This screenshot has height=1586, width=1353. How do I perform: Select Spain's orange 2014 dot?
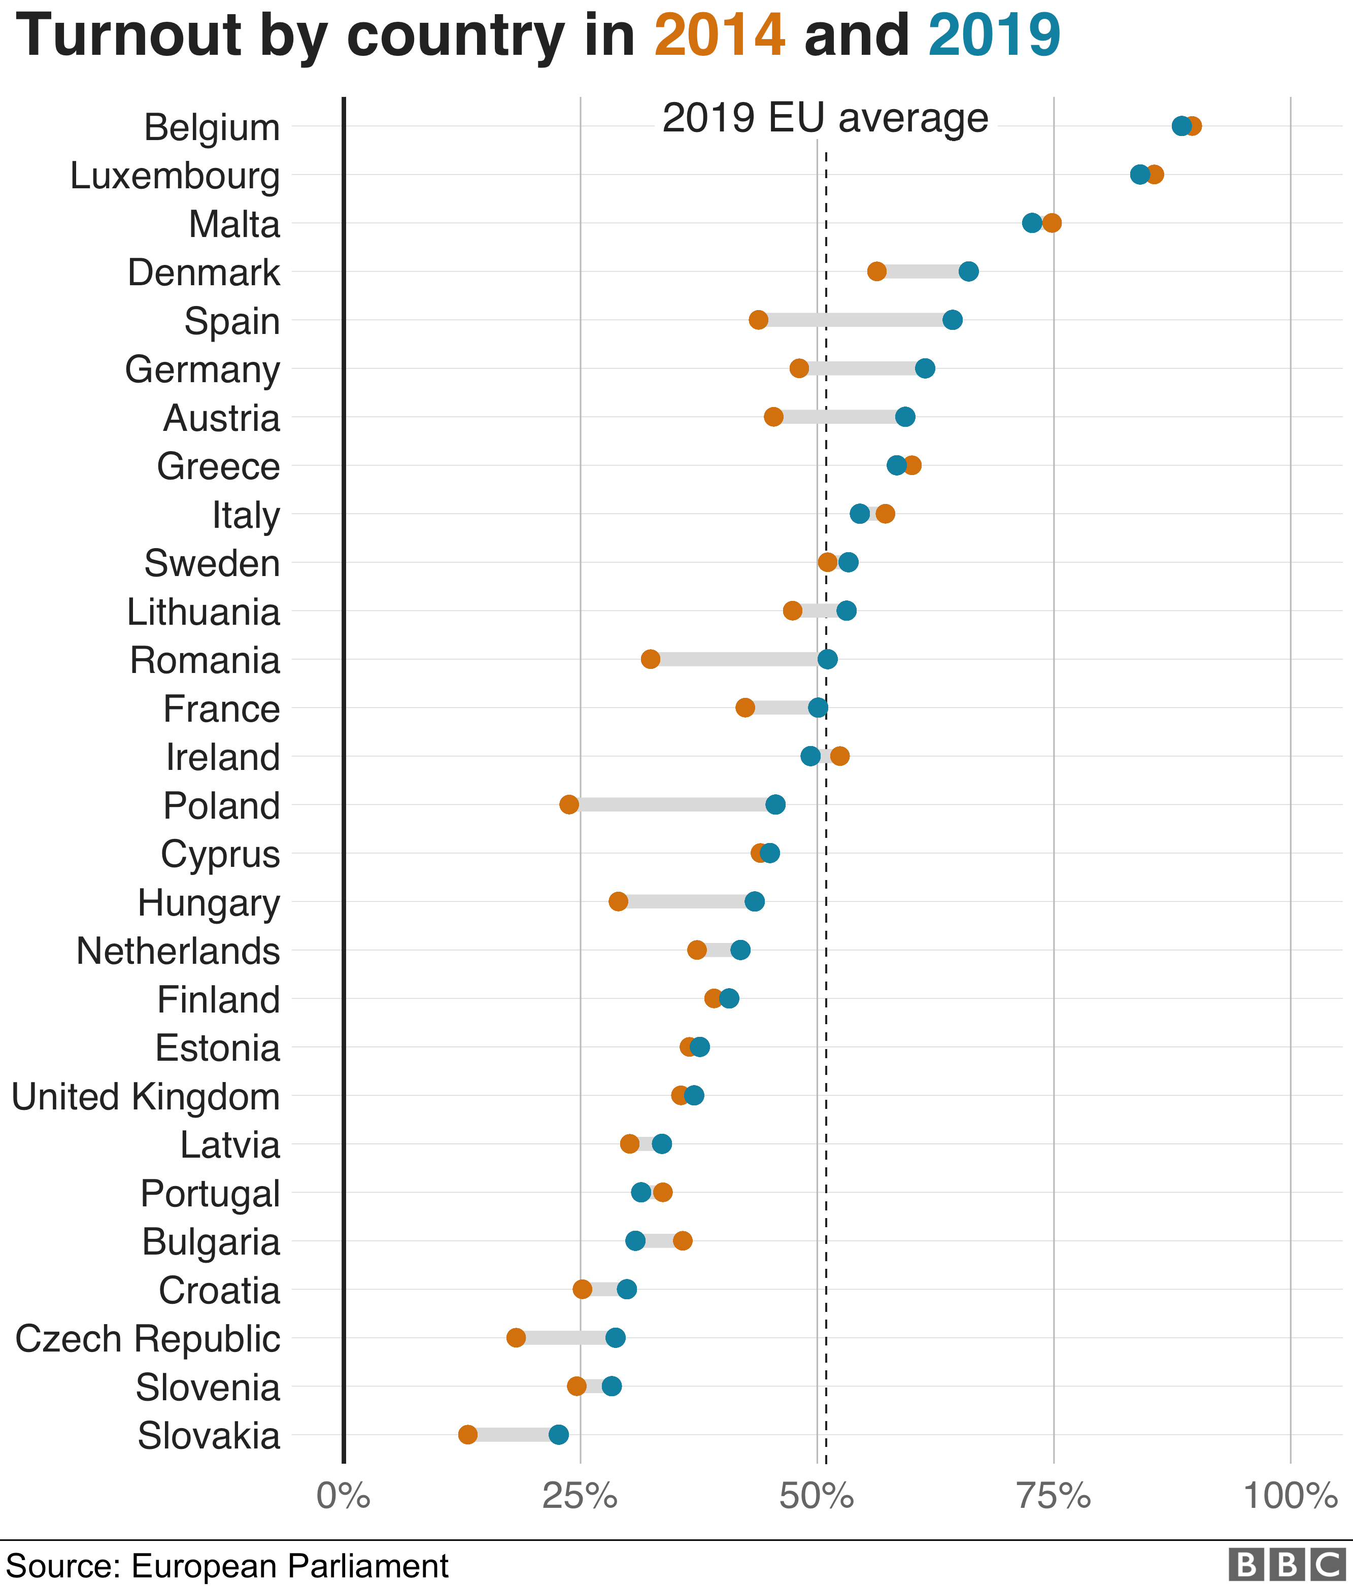pyautogui.click(x=758, y=320)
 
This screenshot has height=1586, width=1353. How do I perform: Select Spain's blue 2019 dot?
pyautogui.click(x=952, y=320)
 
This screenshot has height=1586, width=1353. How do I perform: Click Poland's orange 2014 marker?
pyautogui.click(x=568, y=804)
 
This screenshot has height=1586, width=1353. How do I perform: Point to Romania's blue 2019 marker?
pyautogui.click(x=827, y=659)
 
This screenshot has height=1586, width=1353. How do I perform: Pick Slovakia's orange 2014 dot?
pyautogui.click(x=467, y=1434)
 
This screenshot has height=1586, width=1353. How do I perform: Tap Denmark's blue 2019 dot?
pyautogui.click(x=968, y=271)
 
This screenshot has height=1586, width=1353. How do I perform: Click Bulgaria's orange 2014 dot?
pyautogui.click(x=683, y=1241)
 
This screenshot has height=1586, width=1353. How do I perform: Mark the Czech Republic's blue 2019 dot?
pyautogui.click(x=615, y=1338)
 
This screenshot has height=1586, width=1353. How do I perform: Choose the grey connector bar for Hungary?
pyautogui.click(x=687, y=902)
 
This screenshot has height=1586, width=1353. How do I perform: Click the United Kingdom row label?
pyautogui.click(x=146, y=1096)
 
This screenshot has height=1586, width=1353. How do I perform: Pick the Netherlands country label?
pyautogui.click(x=178, y=951)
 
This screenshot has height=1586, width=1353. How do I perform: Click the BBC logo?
pyautogui.click(x=1287, y=1565)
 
